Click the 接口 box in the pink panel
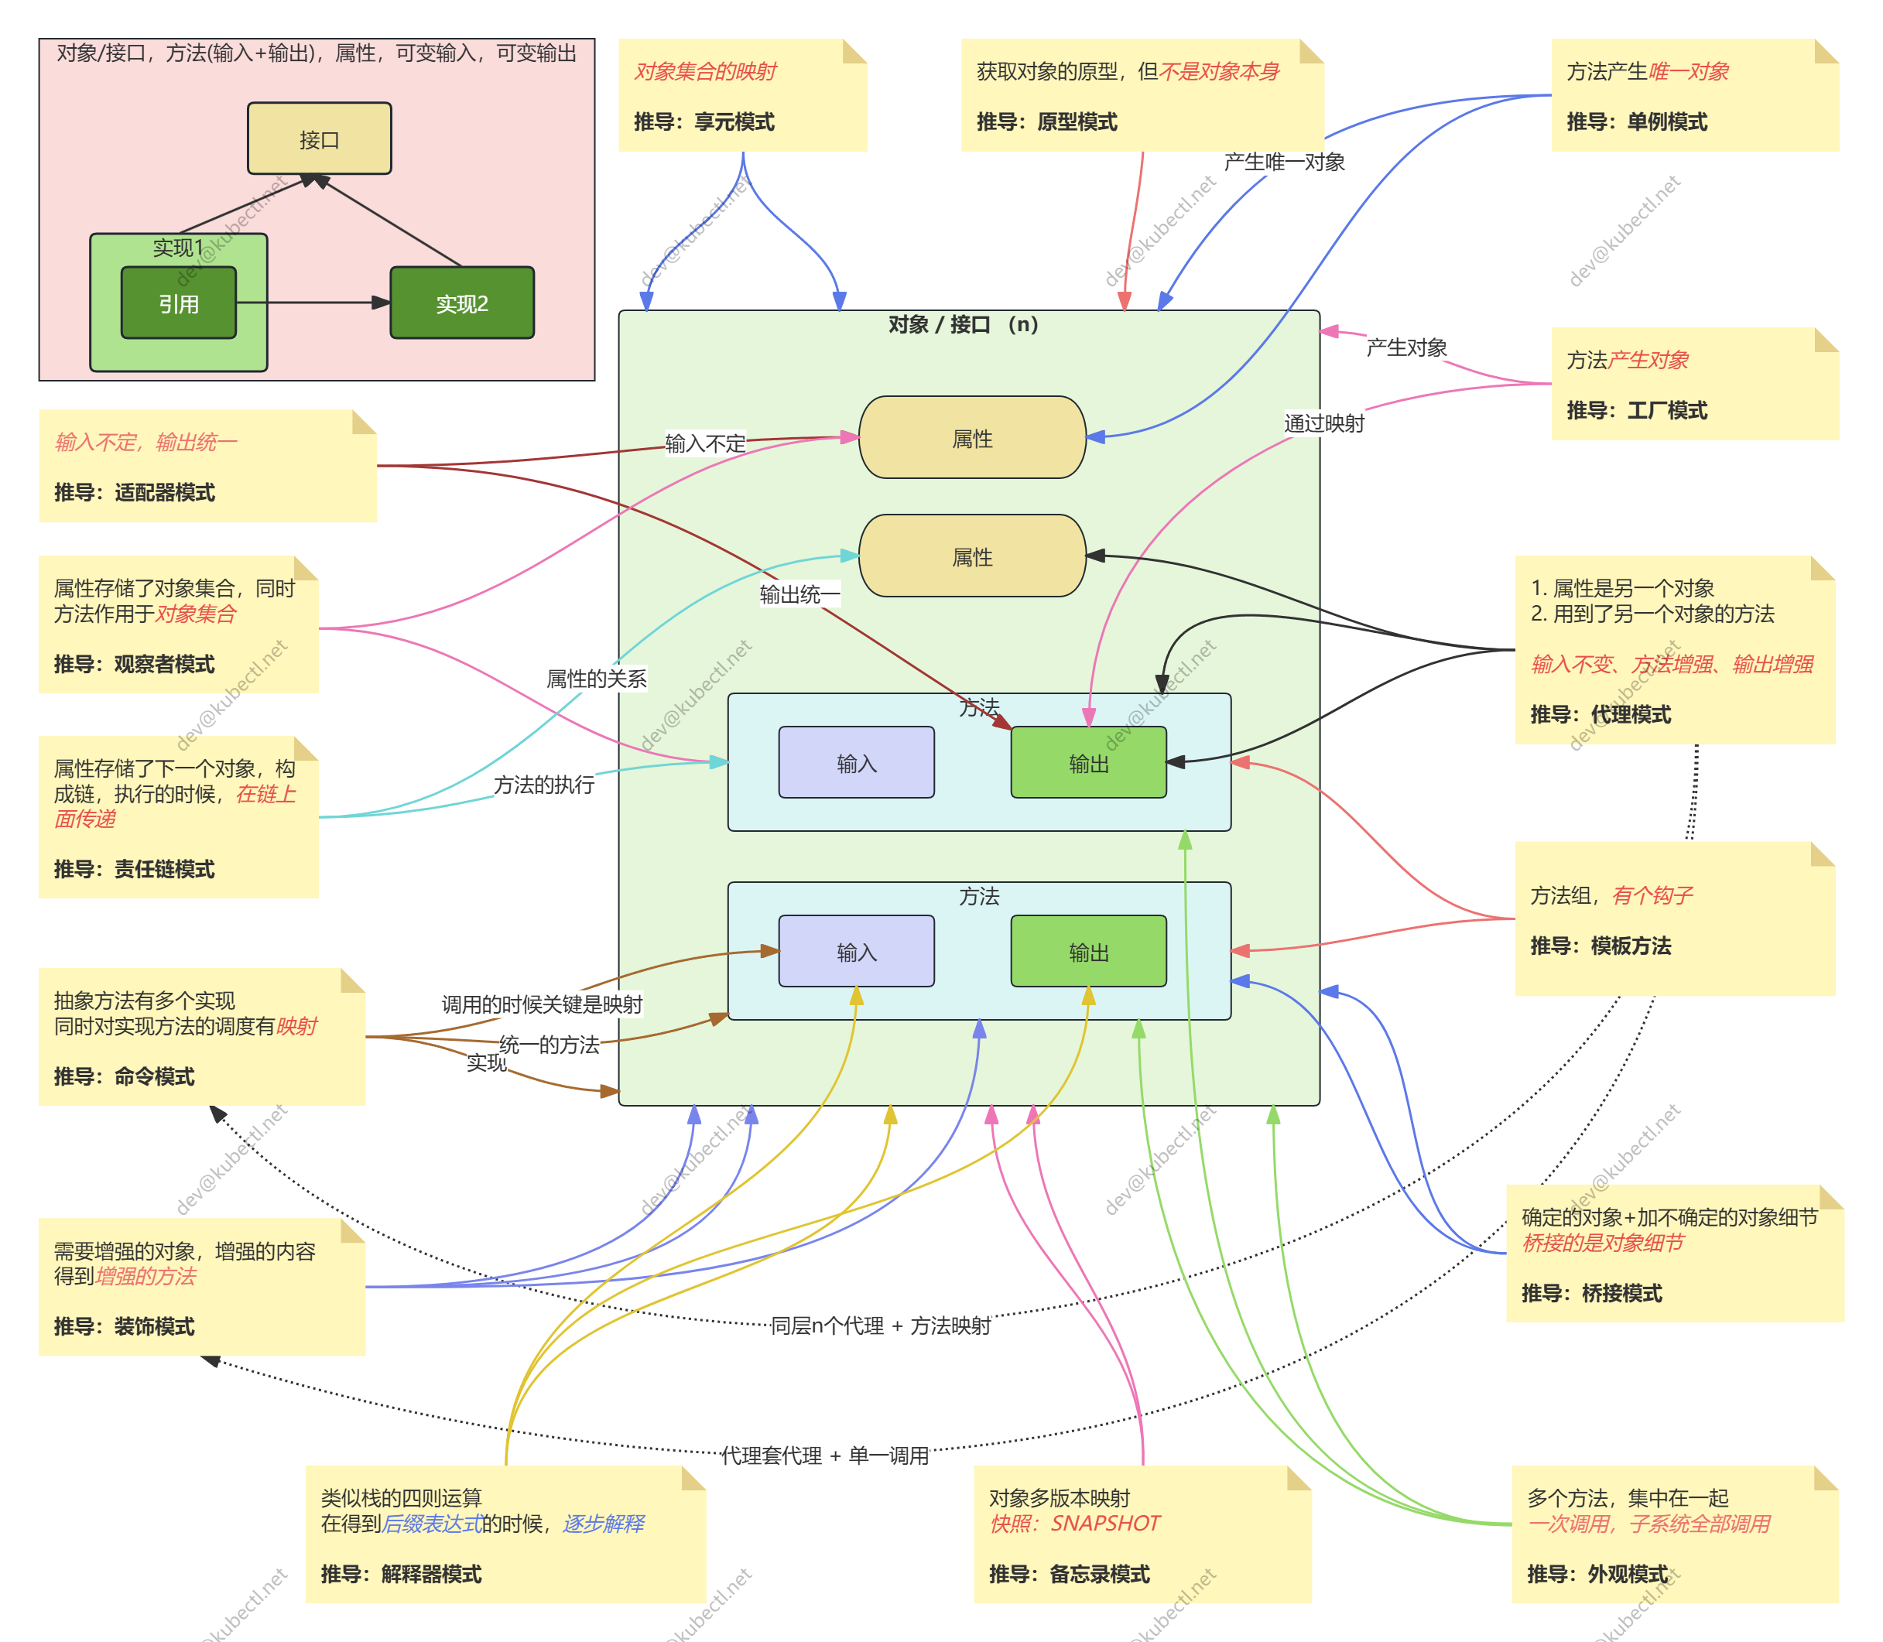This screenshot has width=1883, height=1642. (319, 139)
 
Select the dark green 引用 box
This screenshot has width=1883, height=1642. (179, 303)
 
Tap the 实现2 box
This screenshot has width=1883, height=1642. (462, 303)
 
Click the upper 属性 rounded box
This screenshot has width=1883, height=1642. (972, 438)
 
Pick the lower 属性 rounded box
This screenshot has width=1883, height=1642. (972, 556)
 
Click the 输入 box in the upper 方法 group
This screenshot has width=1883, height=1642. (857, 763)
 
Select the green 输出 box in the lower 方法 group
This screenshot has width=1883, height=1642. (1089, 952)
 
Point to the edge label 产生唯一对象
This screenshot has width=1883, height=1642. (1284, 162)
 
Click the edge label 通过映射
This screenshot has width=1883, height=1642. (1324, 423)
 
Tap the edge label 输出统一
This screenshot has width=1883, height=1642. (799, 595)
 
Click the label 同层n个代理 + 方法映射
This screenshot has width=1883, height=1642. (880, 1326)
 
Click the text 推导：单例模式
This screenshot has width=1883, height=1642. (1637, 121)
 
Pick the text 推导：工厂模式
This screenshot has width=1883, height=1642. (1637, 410)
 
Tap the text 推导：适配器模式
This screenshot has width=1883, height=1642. (134, 493)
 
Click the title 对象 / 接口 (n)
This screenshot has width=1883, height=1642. (963, 324)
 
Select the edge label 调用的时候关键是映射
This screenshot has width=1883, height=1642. (543, 1004)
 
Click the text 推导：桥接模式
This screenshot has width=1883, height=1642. (1592, 1293)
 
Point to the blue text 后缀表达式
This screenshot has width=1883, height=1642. (433, 1523)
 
